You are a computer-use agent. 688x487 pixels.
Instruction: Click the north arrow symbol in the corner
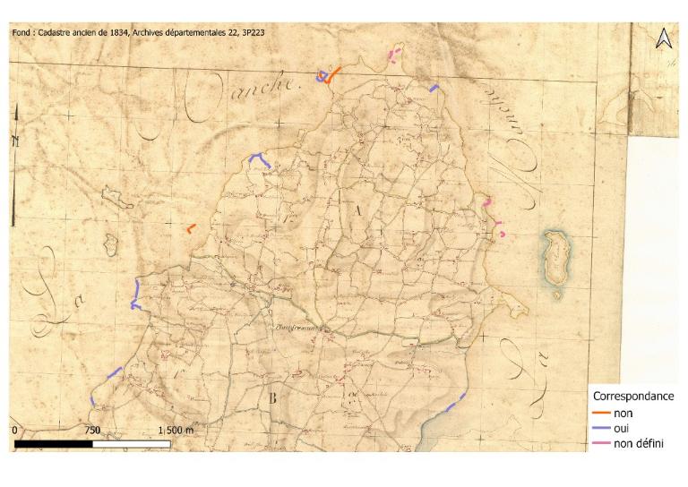664,38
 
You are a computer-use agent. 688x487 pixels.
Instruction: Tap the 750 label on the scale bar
91,431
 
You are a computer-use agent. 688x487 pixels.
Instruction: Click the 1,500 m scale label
175,431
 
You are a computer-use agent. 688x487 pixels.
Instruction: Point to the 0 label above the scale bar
15,431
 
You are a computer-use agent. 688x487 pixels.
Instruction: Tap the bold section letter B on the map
271,398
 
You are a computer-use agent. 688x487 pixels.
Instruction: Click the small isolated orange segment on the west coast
190,228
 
